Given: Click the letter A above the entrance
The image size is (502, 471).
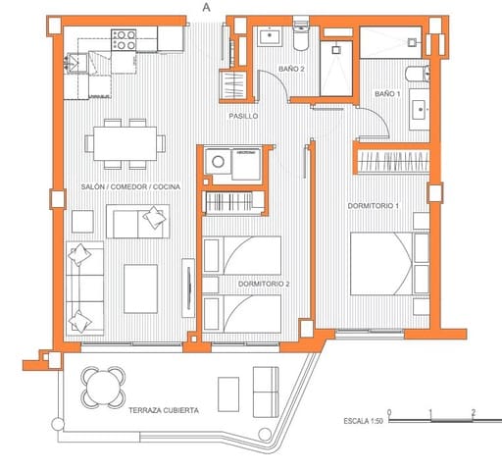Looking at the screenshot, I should [205, 7].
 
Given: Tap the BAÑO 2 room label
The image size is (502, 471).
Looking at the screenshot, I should [292, 69].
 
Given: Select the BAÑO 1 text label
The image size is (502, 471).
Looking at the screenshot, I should [387, 92].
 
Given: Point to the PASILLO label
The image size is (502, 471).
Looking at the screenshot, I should [243, 116].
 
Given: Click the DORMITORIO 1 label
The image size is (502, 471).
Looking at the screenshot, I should [376, 206].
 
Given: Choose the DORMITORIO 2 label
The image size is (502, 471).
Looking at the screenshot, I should [263, 284].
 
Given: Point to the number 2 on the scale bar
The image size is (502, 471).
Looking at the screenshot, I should [474, 412].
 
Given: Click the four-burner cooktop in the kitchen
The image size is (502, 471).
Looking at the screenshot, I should [124, 40].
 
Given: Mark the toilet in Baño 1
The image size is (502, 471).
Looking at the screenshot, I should [415, 73].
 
